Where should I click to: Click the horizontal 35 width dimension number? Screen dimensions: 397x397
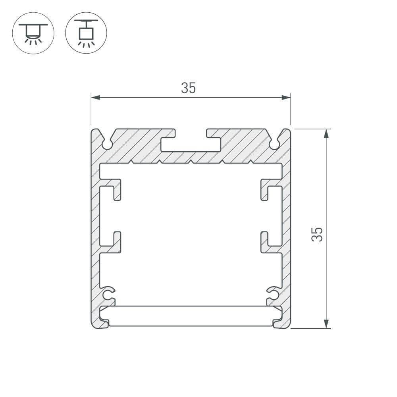pos(189,88)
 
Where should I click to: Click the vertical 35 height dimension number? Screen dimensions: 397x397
pos(317,235)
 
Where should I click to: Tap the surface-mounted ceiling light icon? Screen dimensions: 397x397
pos(33,33)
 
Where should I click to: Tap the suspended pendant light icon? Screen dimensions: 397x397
pos(86,33)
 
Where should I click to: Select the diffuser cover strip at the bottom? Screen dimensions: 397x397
pos(191,316)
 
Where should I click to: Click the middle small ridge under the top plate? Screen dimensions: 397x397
pos(191,162)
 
